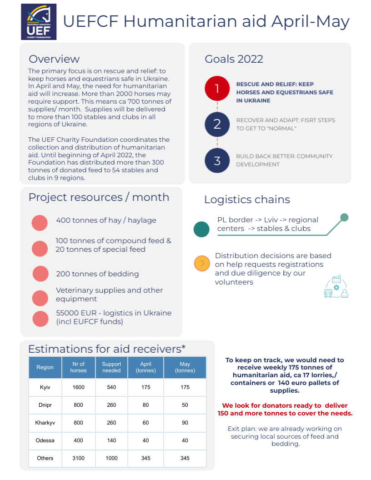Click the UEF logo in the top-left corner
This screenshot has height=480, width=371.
[x=39, y=22]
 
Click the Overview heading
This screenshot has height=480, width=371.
[x=54, y=59]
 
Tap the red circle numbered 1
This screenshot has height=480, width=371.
[x=217, y=88]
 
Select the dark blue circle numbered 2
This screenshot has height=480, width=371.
[x=217, y=124]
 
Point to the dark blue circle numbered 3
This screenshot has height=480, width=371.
[x=217, y=160]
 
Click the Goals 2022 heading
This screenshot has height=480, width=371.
[x=234, y=59]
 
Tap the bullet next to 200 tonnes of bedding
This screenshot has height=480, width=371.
[x=40, y=274]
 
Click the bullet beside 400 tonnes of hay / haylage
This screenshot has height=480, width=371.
[x=40, y=223]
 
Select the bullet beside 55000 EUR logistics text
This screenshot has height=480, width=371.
[x=40, y=318]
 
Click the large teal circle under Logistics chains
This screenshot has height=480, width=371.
[x=201, y=229]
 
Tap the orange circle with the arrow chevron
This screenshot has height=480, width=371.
[x=202, y=264]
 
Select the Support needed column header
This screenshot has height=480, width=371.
[x=111, y=367]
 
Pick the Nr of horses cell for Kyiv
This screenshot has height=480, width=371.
[x=78, y=387]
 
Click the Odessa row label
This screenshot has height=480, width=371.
[x=45, y=440]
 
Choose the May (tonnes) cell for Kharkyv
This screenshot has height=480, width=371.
[x=185, y=423]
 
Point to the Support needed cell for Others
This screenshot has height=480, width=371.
[x=111, y=458]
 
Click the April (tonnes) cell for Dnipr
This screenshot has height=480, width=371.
[x=145, y=405]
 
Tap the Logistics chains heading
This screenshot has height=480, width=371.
[x=247, y=200]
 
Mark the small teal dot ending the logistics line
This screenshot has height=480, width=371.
[x=344, y=217]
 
